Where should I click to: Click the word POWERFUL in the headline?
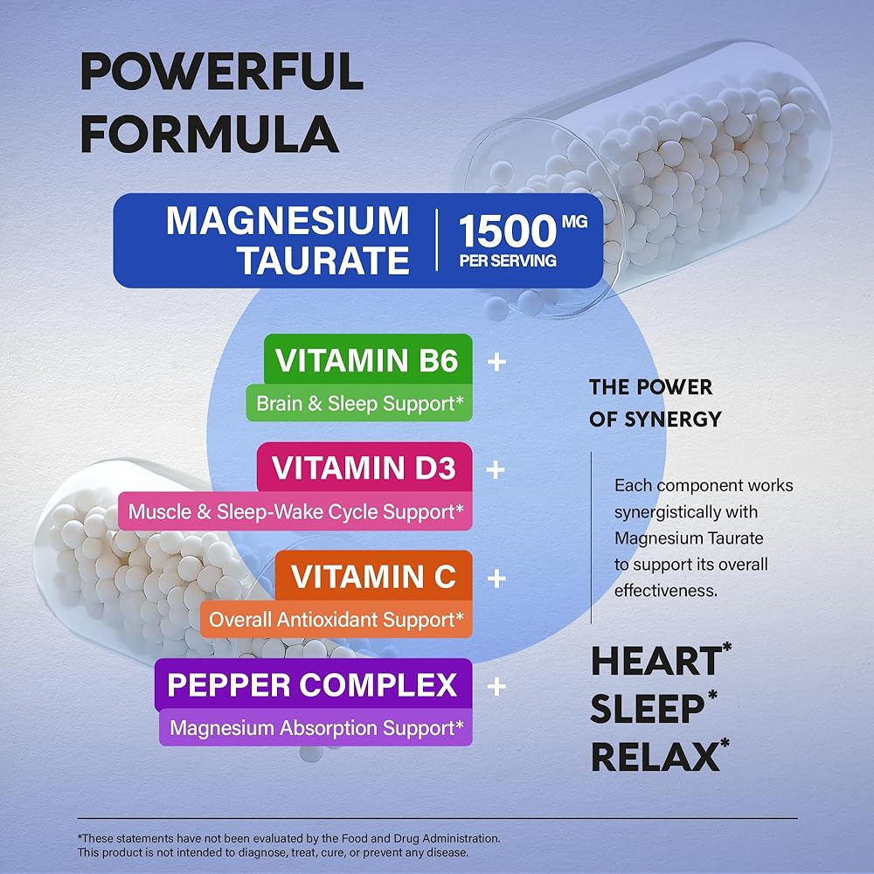click(x=222, y=73)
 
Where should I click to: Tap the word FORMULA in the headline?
click(x=214, y=135)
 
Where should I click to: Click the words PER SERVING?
click(x=507, y=261)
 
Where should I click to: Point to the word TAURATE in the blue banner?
click(x=323, y=260)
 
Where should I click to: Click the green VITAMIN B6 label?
click(x=367, y=360)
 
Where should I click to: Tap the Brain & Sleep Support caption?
click(x=358, y=405)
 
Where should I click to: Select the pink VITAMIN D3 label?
click(x=364, y=468)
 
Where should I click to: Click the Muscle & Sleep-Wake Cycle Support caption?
click(x=295, y=512)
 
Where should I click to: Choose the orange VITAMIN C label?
click(x=373, y=577)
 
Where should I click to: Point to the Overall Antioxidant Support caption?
click(x=336, y=620)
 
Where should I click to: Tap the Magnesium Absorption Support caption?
click(x=316, y=727)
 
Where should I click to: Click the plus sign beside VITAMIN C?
click(x=496, y=578)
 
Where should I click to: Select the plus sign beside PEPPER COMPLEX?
click(x=496, y=686)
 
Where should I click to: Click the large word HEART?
click(x=655, y=662)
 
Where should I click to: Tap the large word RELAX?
click(x=655, y=756)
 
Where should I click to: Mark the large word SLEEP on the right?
click(x=648, y=710)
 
